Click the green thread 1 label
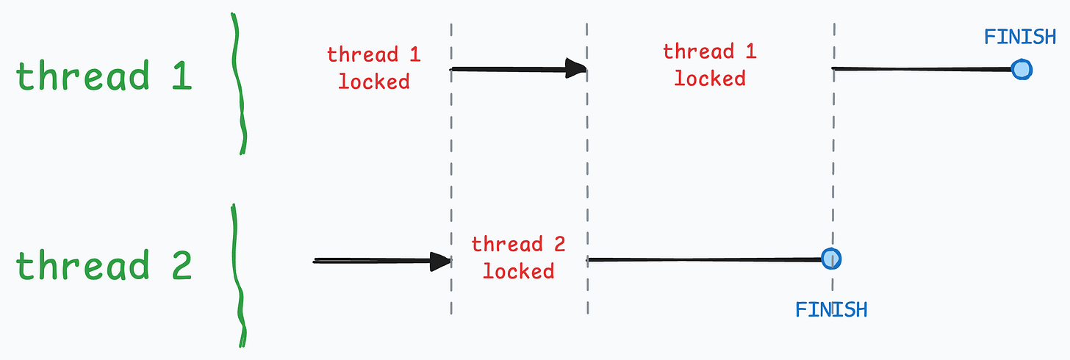[104, 76]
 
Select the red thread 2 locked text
[518, 257]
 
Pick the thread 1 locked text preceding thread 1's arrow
[374, 67]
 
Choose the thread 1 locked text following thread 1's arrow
[710, 65]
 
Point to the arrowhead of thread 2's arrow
[441, 261]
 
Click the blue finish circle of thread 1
[1021, 70]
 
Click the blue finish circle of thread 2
[831, 259]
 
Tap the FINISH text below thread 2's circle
[831, 309]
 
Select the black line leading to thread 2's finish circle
[705, 259]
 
